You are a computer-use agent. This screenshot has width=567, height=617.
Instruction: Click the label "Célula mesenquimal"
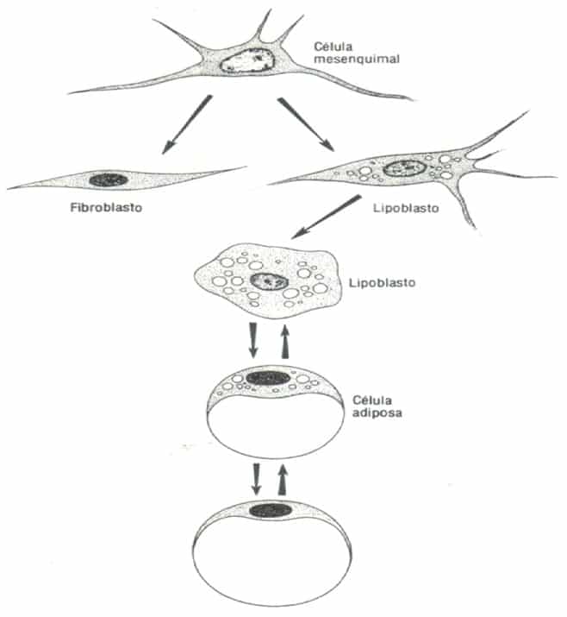click(x=357, y=53)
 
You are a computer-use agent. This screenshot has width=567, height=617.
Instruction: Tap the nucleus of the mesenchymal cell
click(x=247, y=60)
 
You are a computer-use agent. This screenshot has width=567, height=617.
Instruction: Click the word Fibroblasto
click(x=106, y=207)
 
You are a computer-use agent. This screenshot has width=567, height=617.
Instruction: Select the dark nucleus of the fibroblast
click(x=109, y=179)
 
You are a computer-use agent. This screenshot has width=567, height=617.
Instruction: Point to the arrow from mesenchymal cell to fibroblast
click(x=187, y=124)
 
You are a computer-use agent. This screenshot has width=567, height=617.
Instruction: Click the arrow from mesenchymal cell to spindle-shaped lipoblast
click(x=306, y=124)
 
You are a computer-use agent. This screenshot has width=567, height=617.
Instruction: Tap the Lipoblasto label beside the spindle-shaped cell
click(x=406, y=208)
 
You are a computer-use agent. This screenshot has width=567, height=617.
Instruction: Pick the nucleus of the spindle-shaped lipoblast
click(x=404, y=169)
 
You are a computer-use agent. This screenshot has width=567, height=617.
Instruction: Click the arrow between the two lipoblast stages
click(x=326, y=217)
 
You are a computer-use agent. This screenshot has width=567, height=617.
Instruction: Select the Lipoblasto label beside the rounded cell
click(x=382, y=282)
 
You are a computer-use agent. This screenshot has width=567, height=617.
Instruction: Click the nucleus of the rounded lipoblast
click(x=269, y=281)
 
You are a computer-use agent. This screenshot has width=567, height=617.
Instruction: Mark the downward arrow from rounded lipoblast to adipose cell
click(x=253, y=340)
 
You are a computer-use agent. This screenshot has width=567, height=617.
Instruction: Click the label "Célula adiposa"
click(x=377, y=406)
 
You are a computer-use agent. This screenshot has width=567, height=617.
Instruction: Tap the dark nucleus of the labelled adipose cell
click(x=268, y=378)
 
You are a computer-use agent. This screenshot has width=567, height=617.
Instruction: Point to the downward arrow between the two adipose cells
click(x=256, y=478)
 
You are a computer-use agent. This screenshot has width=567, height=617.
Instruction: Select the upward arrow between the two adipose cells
click(x=283, y=479)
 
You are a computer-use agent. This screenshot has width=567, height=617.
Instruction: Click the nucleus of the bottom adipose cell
click(x=271, y=510)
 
